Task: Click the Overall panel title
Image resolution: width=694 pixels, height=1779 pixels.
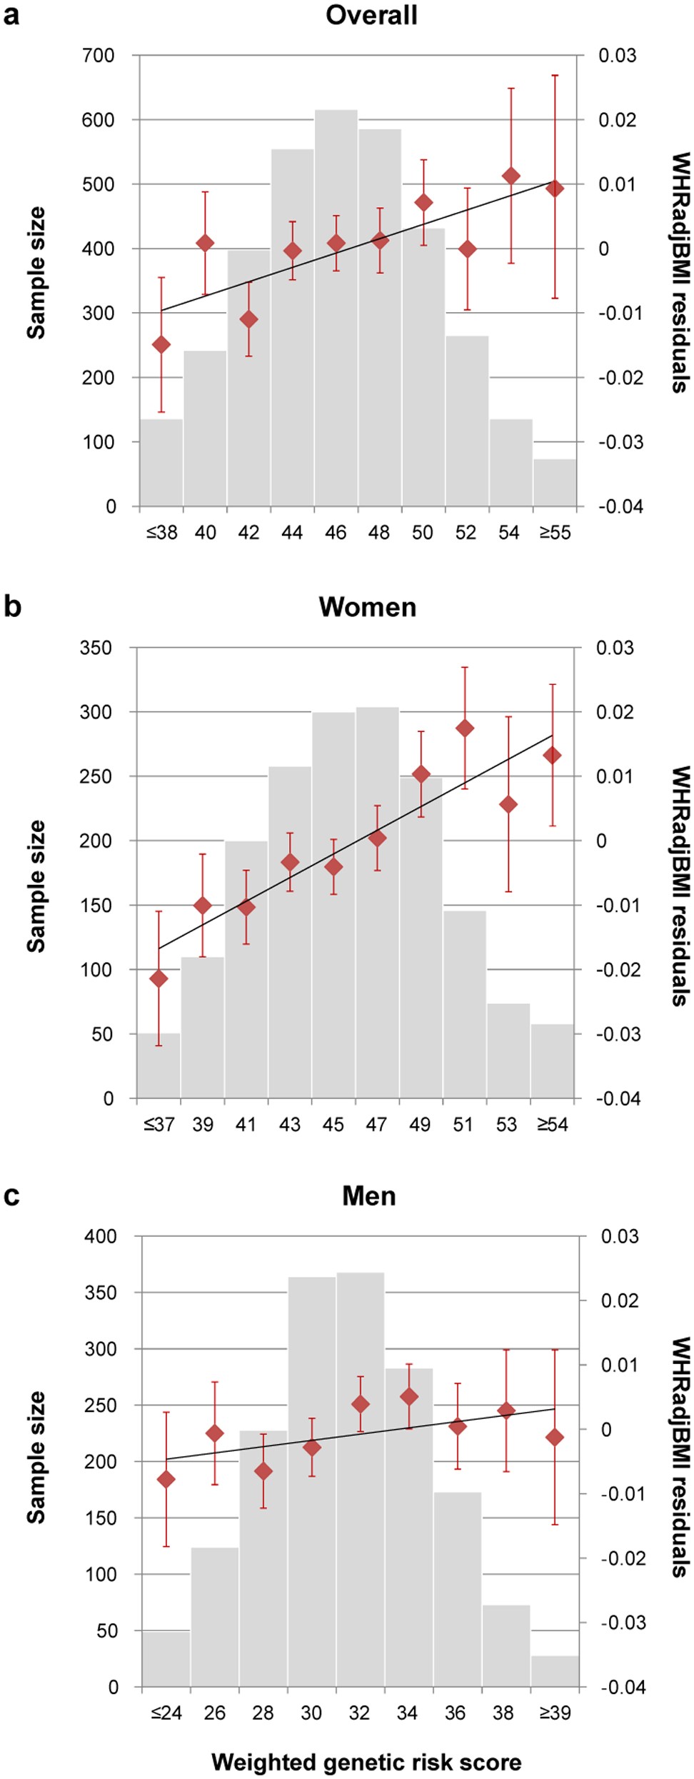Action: (371, 16)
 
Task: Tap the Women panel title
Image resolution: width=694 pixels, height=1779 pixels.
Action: (368, 608)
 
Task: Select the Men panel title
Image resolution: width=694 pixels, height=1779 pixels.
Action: (368, 1196)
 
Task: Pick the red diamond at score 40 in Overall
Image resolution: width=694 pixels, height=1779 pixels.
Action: (205, 244)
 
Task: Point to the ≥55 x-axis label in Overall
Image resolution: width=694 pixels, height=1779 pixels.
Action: (555, 533)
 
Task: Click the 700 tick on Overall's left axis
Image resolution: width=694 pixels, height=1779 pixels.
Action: (99, 56)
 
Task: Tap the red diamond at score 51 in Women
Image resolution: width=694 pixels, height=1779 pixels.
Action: (465, 728)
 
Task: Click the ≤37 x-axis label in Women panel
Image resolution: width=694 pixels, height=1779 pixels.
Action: (159, 1125)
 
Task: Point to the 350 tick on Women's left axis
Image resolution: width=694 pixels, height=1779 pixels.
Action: (96, 648)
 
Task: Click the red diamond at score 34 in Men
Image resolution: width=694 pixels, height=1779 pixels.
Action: (409, 1397)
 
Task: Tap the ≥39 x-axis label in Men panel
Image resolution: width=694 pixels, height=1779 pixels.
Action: (555, 1713)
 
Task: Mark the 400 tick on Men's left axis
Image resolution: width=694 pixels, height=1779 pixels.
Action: (101, 1236)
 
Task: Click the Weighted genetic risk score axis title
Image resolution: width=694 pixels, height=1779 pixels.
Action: (366, 1762)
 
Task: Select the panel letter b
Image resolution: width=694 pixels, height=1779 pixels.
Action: (12, 607)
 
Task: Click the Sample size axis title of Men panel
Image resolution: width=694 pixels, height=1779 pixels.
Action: (36, 1458)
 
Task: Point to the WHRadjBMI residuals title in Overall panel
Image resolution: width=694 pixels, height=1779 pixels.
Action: (680, 271)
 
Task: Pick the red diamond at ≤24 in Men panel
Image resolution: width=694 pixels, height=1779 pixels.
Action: (166, 1479)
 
